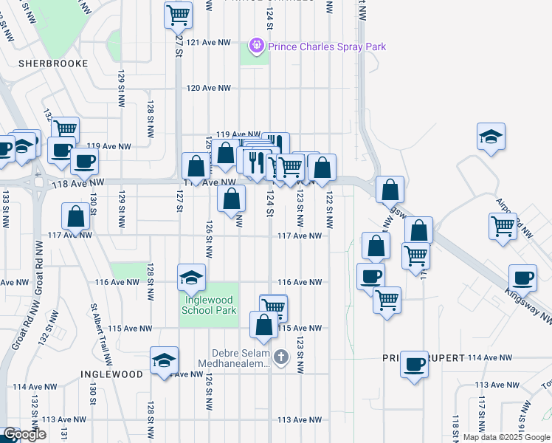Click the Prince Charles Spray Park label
coord(327,47)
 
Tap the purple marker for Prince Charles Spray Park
coord(257,46)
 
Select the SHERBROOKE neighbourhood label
coord(53,63)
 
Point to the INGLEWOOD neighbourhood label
coord(111,374)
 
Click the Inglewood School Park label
coord(209,305)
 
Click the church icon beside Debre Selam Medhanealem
coord(280,358)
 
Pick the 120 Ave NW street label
coord(209,88)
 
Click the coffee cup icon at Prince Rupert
coord(415,363)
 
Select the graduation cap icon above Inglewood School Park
coord(191,277)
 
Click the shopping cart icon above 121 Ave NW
coord(177,13)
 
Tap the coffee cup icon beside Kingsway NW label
coord(523,278)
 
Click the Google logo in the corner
coord(24,434)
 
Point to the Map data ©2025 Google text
coord(506,437)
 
